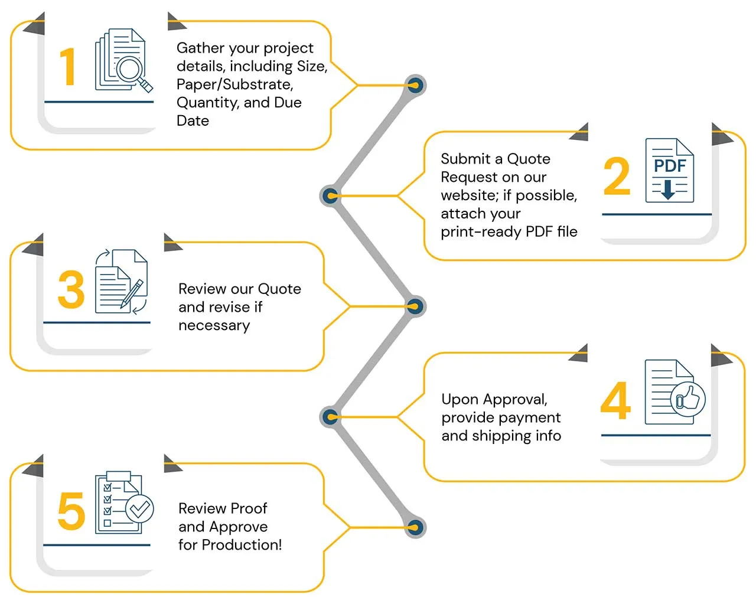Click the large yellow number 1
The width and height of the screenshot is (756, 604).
tap(68, 67)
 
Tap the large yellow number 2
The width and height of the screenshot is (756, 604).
tap(617, 177)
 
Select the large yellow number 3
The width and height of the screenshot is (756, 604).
tap(71, 290)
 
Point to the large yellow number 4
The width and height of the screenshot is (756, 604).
tap(615, 400)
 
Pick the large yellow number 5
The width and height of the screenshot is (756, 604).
tap(71, 511)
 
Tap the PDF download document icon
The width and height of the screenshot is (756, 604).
tap(669, 171)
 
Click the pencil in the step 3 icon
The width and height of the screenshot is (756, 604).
tap(132, 293)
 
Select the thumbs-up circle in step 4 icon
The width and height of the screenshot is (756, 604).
tap(687, 399)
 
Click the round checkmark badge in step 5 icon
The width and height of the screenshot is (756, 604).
tap(139, 508)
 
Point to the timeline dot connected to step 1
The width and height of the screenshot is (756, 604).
tap(415, 86)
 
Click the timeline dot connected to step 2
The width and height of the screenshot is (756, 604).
tap(330, 195)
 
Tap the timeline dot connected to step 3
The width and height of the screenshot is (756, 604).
tap(415, 306)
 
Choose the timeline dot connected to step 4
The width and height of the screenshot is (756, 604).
tap(330, 417)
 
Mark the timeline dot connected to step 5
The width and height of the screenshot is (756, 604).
tap(415, 527)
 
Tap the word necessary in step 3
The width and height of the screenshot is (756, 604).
tap(214, 325)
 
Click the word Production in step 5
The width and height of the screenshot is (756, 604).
tap(242, 545)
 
